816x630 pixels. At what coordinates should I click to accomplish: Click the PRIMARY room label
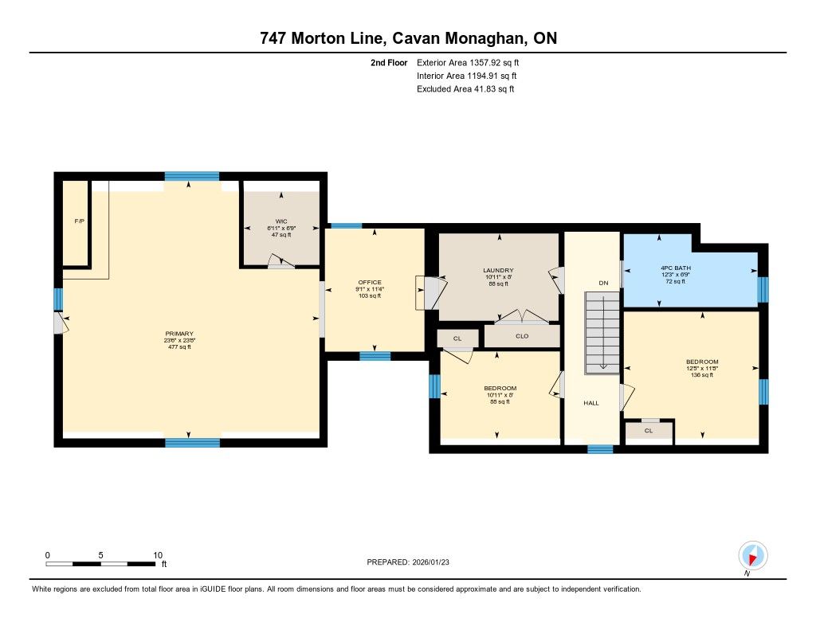(x=179, y=334)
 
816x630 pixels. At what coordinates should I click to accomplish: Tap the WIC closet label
(x=281, y=221)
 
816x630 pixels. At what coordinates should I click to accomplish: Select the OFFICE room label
(x=370, y=283)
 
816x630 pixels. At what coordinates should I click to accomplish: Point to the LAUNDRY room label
(x=498, y=271)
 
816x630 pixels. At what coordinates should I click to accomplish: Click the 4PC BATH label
(x=676, y=268)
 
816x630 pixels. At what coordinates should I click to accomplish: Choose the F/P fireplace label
(x=79, y=221)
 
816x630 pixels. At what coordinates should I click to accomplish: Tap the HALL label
(x=591, y=403)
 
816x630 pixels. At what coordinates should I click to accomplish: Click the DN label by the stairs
(x=603, y=283)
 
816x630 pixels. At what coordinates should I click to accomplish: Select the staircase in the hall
(x=602, y=332)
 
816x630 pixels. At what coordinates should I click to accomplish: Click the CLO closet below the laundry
(x=522, y=336)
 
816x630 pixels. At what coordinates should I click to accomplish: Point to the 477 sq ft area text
(x=179, y=347)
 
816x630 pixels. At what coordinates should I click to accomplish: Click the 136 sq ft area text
(x=702, y=374)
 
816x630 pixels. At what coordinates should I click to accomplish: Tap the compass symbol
(x=752, y=556)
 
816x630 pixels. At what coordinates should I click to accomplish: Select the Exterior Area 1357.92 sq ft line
(x=468, y=63)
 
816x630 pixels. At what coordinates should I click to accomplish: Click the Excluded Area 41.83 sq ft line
(x=465, y=89)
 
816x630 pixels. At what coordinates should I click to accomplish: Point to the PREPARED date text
(x=408, y=562)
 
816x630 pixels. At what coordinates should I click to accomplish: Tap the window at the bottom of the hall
(x=600, y=449)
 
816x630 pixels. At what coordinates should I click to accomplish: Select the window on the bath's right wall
(x=763, y=290)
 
